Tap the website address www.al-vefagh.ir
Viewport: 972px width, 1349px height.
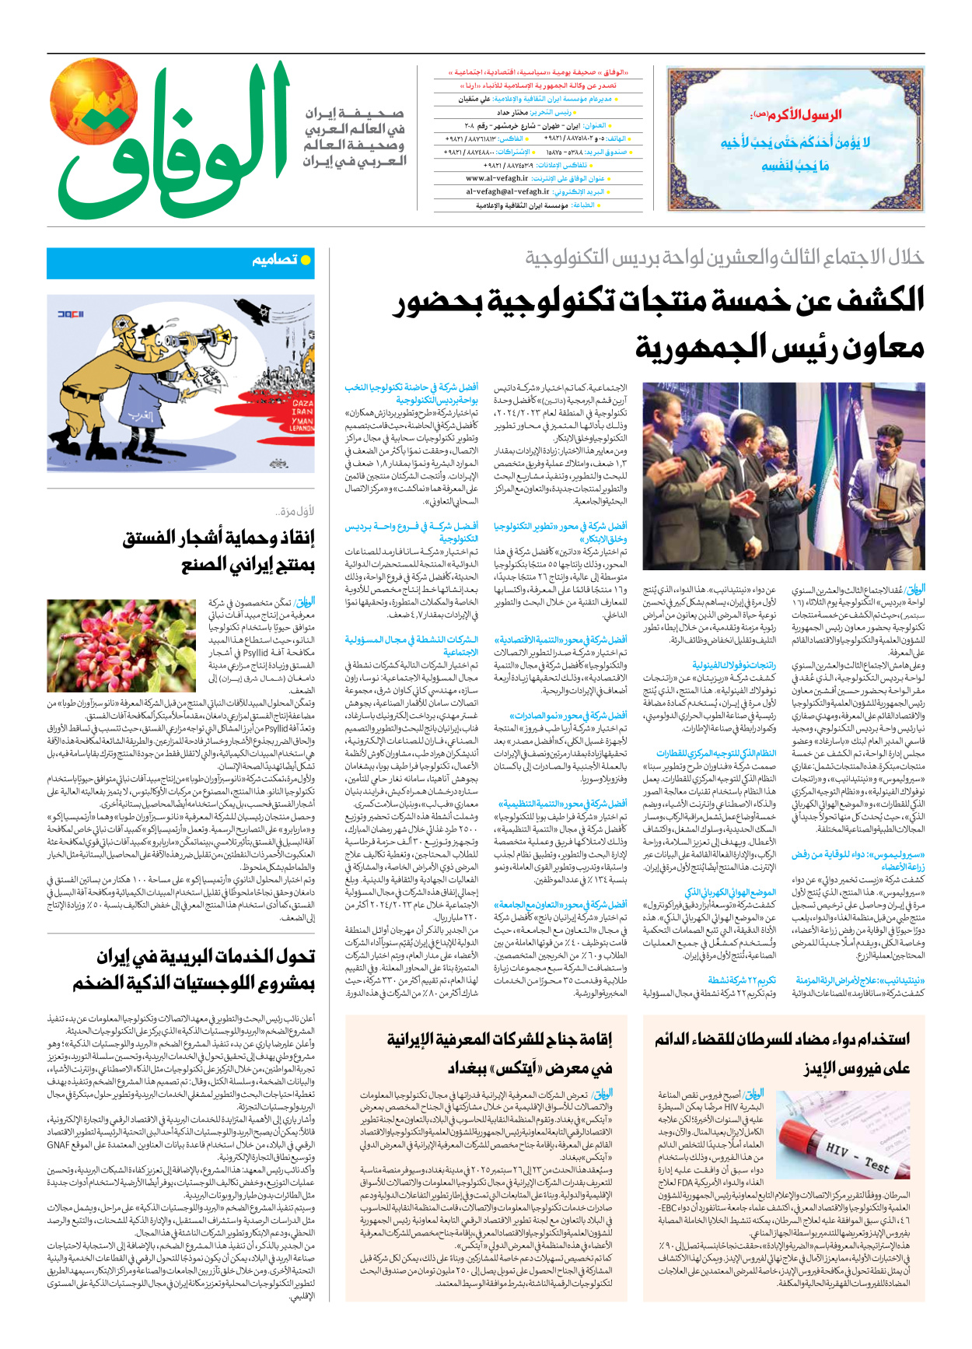click(497, 178)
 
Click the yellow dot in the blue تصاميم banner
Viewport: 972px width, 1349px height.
click(306, 261)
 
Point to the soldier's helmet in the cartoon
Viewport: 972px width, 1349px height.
click(122, 329)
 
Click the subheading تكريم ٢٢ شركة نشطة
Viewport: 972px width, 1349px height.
click(742, 980)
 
